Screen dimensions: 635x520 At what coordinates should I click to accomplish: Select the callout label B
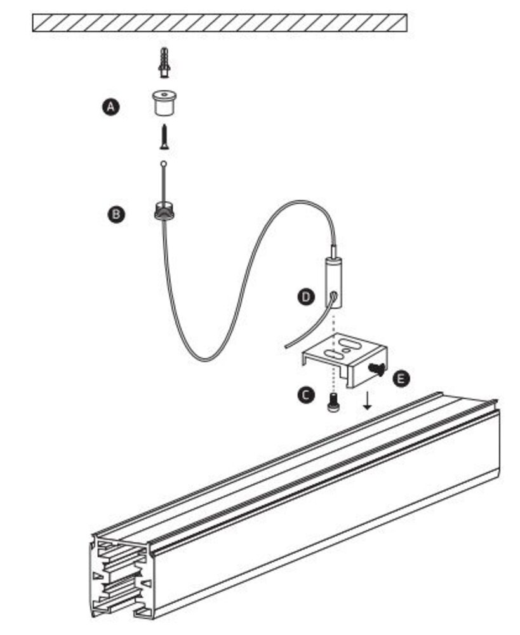(x=116, y=215)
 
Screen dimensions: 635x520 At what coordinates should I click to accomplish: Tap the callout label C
(x=306, y=395)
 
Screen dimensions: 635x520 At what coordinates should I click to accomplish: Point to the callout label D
(x=307, y=297)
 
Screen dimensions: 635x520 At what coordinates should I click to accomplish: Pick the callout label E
(x=401, y=378)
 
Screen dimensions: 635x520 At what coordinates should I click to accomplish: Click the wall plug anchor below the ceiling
(x=164, y=62)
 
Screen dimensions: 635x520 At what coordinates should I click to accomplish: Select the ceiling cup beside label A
(x=164, y=104)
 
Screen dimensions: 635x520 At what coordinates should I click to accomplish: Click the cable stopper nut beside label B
(x=164, y=210)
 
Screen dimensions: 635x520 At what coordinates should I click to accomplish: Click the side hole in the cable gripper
(x=335, y=295)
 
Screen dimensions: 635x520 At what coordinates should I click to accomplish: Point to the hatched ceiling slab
(x=219, y=23)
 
